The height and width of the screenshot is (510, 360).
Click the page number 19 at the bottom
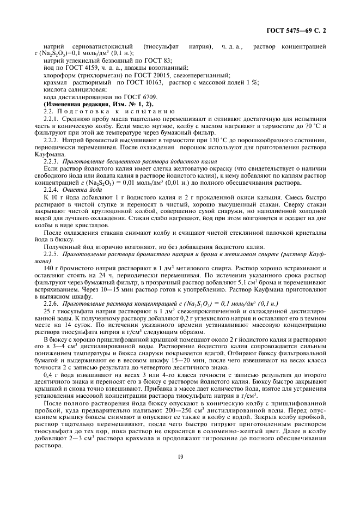pos(180,473)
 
